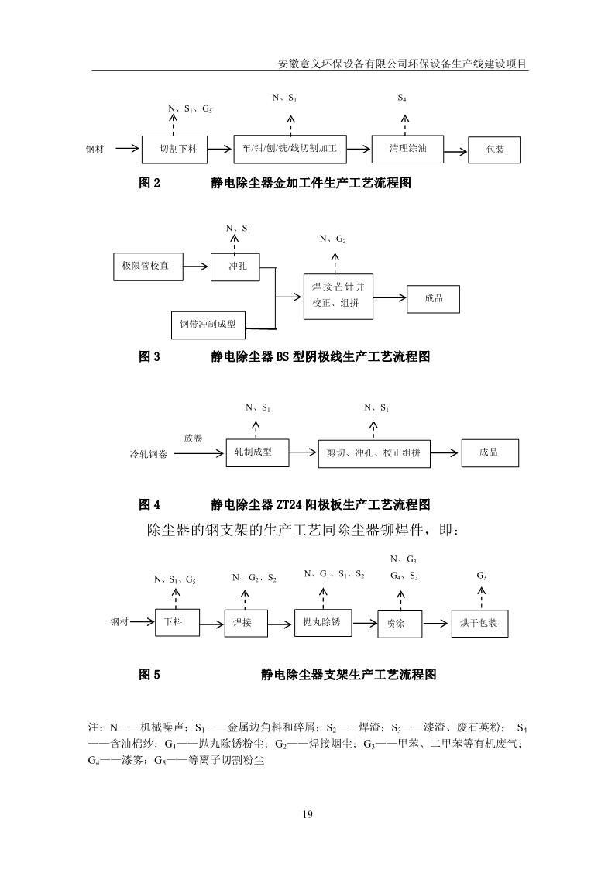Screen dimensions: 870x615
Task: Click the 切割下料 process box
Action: (x=183, y=149)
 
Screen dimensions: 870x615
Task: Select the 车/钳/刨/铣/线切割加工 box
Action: (x=290, y=148)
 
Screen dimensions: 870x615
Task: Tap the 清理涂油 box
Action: (x=408, y=148)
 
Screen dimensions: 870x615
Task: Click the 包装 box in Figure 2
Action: (x=494, y=150)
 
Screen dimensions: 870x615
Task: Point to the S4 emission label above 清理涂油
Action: (x=402, y=98)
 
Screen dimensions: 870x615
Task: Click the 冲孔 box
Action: (x=235, y=267)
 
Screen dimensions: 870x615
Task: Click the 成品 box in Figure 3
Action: (x=434, y=297)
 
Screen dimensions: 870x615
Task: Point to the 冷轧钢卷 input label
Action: (x=148, y=455)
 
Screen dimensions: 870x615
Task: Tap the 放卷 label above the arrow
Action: (x=194, y=438)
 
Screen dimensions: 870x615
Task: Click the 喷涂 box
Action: (x=401, y=624)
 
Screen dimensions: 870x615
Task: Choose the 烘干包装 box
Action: (x=479, y=623)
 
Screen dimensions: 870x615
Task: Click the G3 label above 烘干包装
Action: (x=481, y=576)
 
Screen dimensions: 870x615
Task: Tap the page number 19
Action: (x=307, y=814)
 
